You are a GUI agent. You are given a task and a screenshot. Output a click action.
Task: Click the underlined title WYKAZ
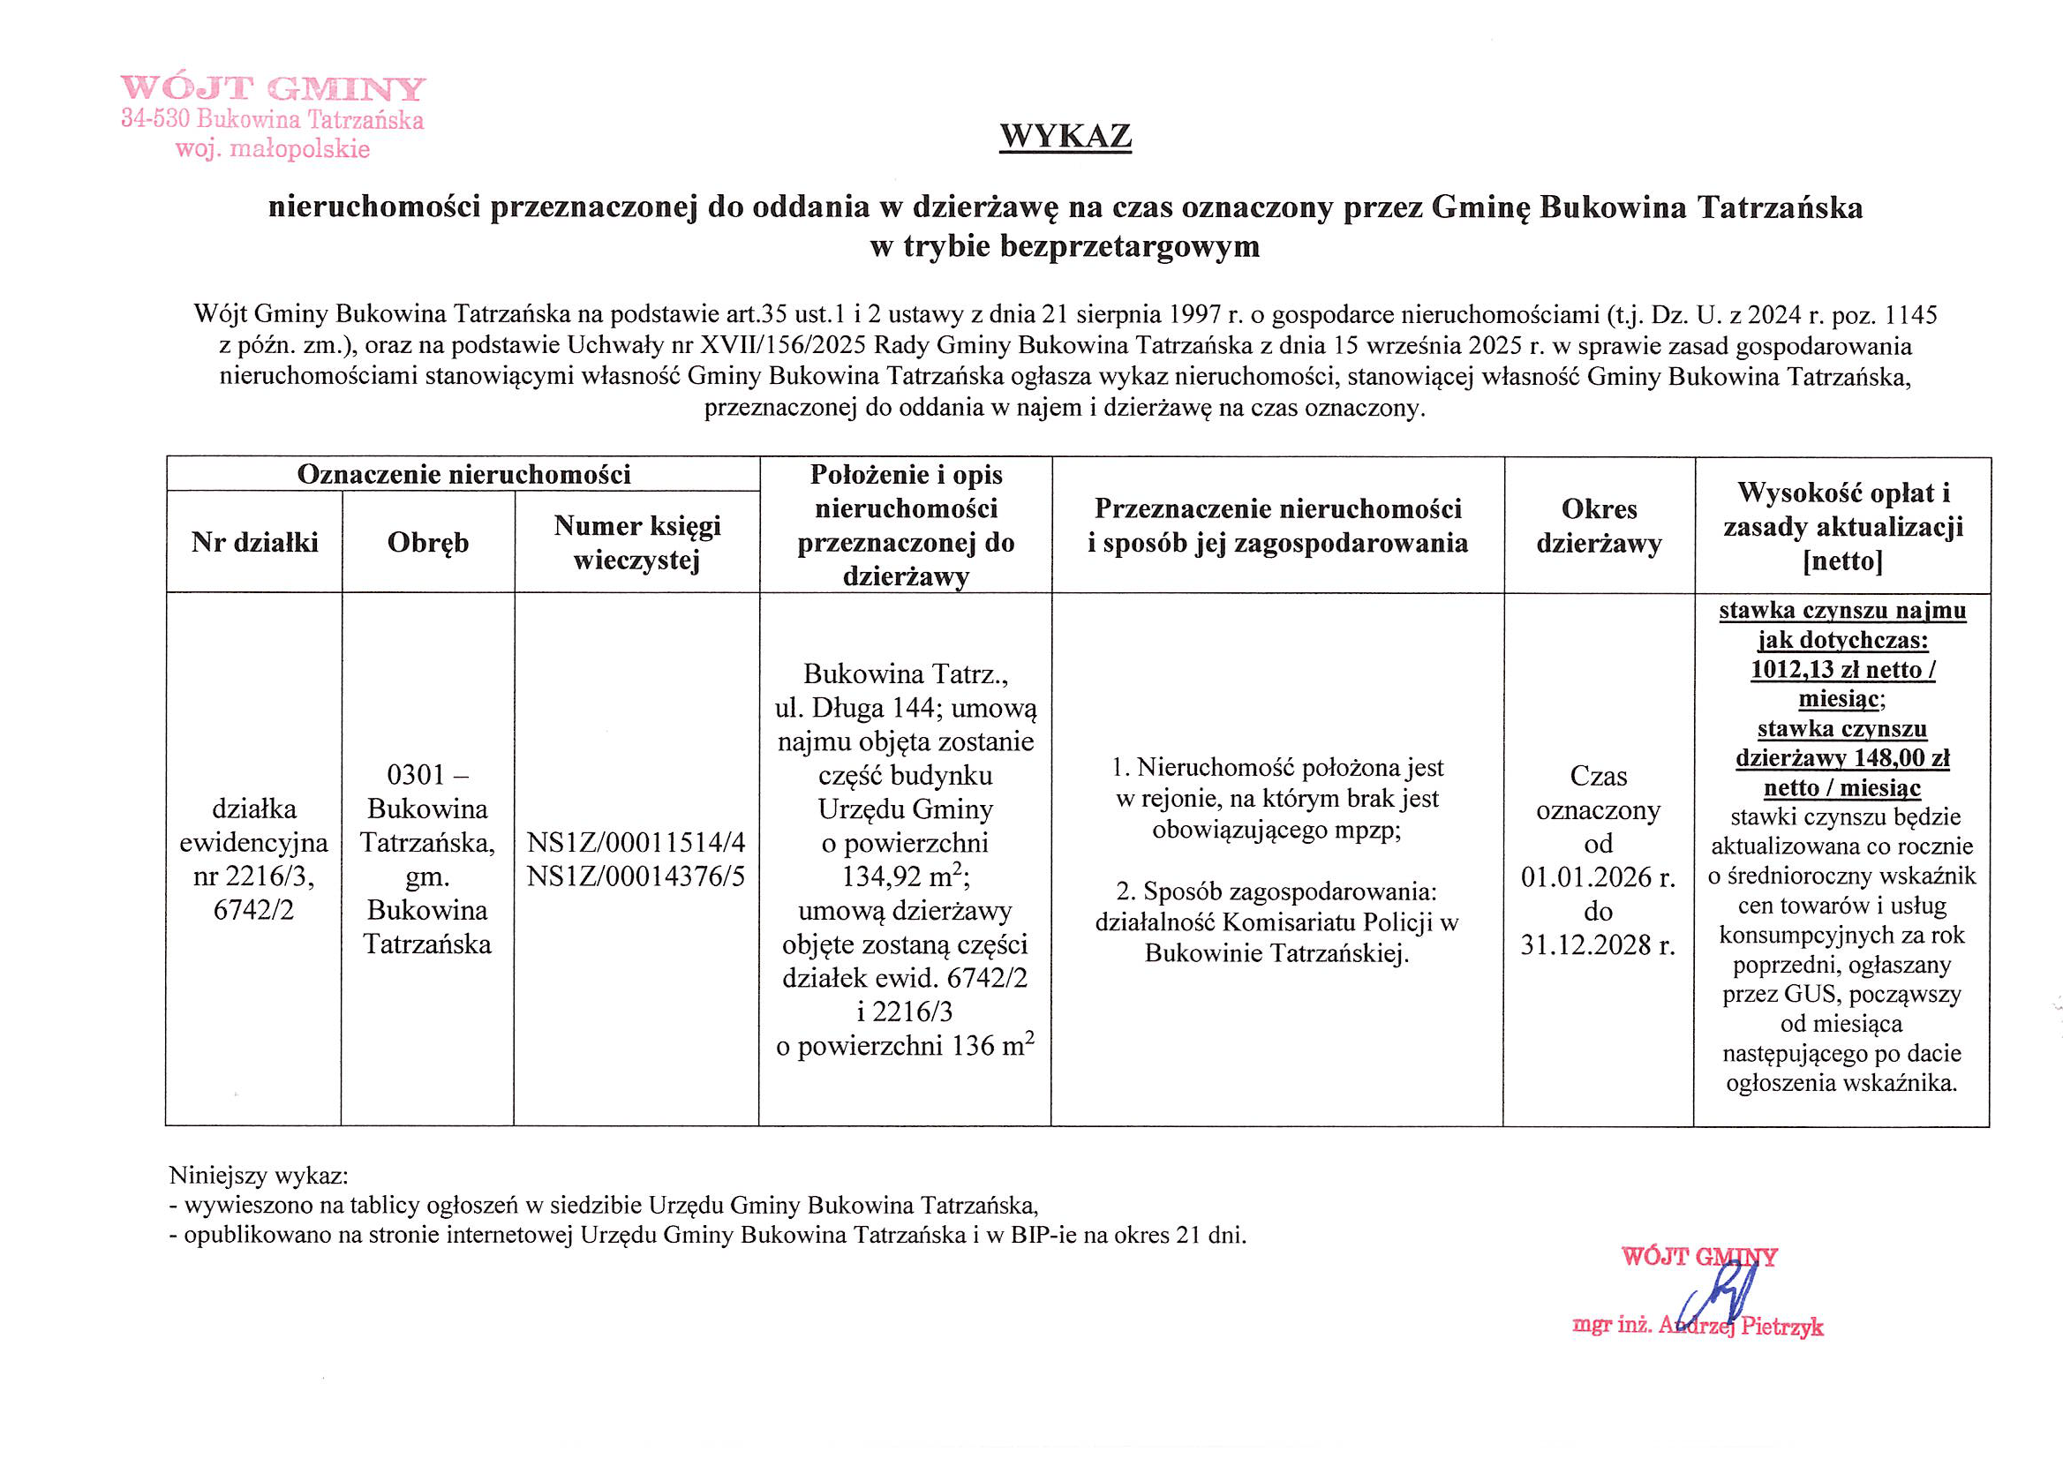click(x=1065, y=136)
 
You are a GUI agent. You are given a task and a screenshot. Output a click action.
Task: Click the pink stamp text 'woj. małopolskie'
click(x=272, y=148)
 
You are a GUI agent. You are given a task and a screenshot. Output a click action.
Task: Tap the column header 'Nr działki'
click(x=254, y=543)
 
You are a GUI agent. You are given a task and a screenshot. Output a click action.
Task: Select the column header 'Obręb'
click(x=427, y=543)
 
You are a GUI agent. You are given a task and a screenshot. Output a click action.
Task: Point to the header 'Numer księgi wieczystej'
click(x=637, y=543)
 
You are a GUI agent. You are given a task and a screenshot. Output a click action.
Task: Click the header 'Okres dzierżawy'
click(x=1599, y=526)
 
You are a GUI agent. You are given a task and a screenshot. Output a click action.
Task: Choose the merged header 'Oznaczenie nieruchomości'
click(x=463, y=474)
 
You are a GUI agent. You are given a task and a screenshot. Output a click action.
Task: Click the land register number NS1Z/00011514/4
click(x=636, y=842)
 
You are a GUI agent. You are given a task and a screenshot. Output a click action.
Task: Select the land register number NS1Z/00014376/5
click(x=636, y=876)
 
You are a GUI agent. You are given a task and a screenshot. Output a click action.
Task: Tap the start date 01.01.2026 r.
click(x=1598, y=876)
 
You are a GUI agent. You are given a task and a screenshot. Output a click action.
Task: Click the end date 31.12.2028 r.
click(x=1598, y=944)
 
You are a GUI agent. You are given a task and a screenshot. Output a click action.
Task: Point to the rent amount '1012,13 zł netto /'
click(x=1842, y=669)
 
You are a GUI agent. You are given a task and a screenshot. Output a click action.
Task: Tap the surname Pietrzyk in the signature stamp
click(x=1781, y=1327)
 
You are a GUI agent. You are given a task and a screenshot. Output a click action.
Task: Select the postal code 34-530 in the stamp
click(x=155, y=118)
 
